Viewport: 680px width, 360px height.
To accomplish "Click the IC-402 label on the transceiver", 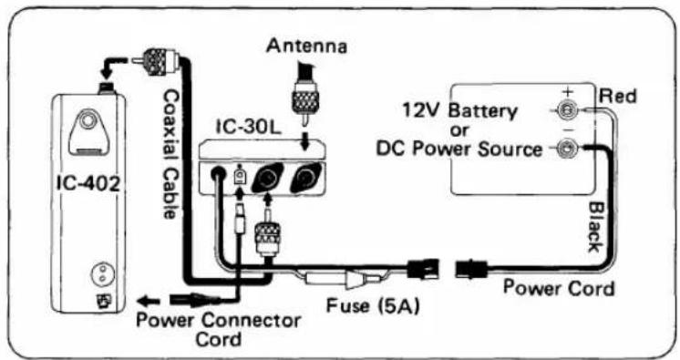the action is point(88,184).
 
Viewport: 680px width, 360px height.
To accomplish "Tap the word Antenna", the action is point(306,46).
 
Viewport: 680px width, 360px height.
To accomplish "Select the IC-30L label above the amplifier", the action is point(249,128).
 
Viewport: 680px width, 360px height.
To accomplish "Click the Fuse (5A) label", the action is point(373,306).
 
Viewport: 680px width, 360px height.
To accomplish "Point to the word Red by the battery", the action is point(617,97).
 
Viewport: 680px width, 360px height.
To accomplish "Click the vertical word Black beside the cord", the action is point(595,226).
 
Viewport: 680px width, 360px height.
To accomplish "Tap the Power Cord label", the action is point(559,288).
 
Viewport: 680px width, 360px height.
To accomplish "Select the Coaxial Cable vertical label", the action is point(170,154).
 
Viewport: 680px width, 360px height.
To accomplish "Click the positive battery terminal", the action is point(565,110).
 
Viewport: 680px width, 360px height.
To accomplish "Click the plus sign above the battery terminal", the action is point(568,92).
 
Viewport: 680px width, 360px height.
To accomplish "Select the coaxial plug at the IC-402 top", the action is point(157,62).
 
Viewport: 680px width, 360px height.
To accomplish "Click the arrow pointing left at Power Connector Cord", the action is point(149,301).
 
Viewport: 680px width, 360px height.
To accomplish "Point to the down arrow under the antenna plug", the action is point(305,142).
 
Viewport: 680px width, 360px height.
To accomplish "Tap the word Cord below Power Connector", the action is point(218,339).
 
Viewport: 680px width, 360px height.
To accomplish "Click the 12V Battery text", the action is point(459,110).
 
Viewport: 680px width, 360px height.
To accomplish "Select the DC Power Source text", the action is point(459,149).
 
